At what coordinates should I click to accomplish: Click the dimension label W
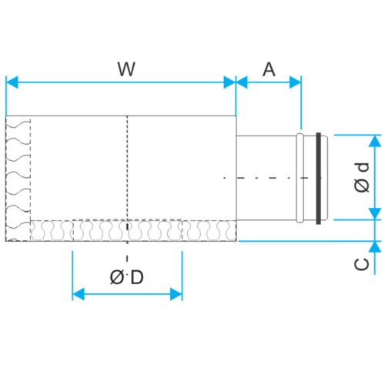[x=126, y=69]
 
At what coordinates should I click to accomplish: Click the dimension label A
[x=269, y=69]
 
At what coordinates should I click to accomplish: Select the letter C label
[x=362, y=264]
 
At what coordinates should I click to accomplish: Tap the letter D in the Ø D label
[x=137, y=277]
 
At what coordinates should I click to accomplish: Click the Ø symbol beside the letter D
[x=117, y=277]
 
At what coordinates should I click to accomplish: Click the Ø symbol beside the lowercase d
[x=362, y=186]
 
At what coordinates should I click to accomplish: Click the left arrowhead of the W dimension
[x=12, y=82]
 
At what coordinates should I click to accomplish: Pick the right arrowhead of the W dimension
[x=229, y=82]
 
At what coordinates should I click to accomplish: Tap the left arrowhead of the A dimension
[x=242, y=82]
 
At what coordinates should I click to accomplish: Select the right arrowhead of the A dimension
[x=295, y=82]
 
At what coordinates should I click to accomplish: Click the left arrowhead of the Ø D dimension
[x=79, y=294]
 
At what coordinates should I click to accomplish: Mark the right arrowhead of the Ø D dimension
[x=176, y=294]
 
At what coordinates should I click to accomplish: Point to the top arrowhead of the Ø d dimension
[x=375, y=141]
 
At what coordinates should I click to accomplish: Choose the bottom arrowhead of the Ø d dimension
[x=375, y=214]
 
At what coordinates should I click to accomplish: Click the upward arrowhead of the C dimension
[x=375, y=247]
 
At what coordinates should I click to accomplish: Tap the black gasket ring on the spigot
[x=319, y=179]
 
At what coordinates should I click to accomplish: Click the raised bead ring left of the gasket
[x=300, y=178]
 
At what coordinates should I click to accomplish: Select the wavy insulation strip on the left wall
[x=18, y=179]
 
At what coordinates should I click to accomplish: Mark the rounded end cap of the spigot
[x=324, y=178]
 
